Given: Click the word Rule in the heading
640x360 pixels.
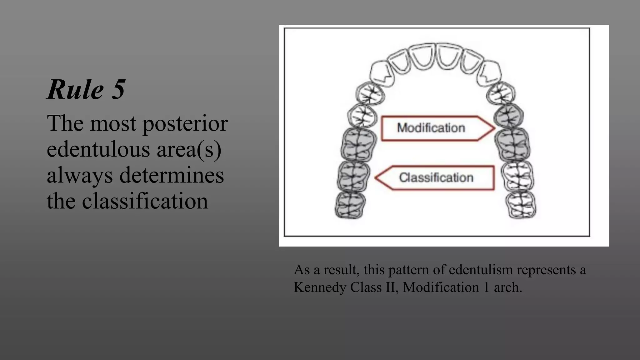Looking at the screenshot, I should [x=75, y=90].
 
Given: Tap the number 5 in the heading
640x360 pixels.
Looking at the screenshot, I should [x=118, y=90].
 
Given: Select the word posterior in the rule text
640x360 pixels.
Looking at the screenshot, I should [x=185, y=123].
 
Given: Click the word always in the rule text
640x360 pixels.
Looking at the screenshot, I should [x=80, y=175].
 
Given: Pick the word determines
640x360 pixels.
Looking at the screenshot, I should [x=172, y=175].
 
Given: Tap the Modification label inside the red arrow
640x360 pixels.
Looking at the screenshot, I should [x=431, y=128].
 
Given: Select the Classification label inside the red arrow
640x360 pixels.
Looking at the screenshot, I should [x=436, y=177].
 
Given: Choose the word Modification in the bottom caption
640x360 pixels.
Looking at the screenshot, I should [x=441, y=287].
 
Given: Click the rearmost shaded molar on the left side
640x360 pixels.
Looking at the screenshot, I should [x=350, y=205].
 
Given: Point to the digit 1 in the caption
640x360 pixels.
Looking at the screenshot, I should [x=486, y=287].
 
